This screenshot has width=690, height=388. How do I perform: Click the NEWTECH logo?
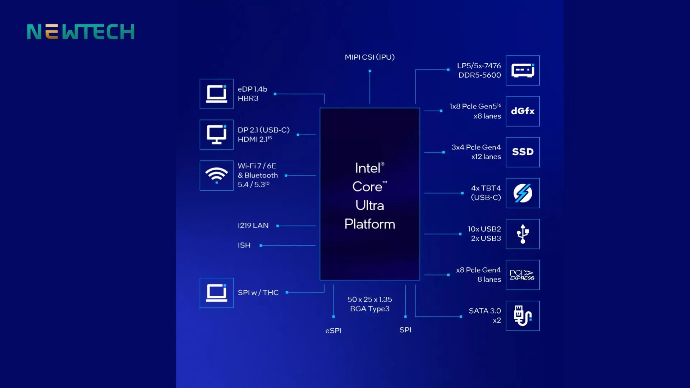pos(81,32)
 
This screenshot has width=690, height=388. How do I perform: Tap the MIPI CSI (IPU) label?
pos(369,57)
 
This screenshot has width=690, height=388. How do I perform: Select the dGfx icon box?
pos(523,111)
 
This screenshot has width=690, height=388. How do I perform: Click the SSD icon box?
pos(523,152)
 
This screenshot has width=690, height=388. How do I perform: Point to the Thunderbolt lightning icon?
pos(523,193)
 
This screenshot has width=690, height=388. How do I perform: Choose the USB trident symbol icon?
pos(523,234)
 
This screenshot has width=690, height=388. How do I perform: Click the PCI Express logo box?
pos(523,275)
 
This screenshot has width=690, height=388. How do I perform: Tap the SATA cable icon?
pos(523,316)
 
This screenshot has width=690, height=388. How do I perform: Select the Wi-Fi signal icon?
pos(216,175)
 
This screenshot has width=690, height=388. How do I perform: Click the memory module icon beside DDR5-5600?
pos(523,70)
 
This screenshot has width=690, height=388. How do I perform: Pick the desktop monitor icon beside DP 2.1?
pos(216,135)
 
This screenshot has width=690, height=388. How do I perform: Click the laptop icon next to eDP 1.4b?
pos(216,94)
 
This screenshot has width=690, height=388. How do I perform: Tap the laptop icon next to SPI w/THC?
pos(216,293)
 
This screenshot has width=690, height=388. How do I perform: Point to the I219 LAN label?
pos(253,226)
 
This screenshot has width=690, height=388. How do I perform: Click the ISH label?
pos(244,245)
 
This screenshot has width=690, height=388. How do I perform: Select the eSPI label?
pos(333,331)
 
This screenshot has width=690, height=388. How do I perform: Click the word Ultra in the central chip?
pos(369,205)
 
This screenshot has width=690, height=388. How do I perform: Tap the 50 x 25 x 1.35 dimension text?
pos(369,299)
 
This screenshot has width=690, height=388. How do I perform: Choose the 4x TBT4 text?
pos(486,188)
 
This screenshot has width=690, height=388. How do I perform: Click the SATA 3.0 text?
pos(484,311)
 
